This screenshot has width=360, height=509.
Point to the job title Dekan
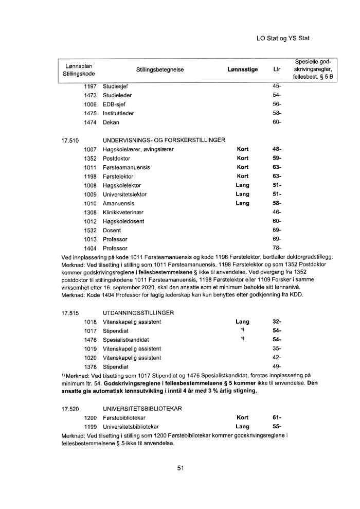point(111,122)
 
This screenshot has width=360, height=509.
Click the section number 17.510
point(70,139)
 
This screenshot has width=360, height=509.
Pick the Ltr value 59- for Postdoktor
point(277,158)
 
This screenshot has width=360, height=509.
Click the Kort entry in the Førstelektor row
point(242,177)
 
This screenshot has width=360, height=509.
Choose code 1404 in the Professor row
point(91,249)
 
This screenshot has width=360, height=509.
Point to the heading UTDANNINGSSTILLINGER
point(138,313)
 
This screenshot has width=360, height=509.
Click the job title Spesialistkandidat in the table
point(126,340)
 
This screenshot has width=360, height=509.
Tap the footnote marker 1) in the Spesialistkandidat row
point(242,339)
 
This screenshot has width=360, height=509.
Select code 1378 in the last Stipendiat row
point(91,367)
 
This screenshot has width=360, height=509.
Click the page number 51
point(181,468)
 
